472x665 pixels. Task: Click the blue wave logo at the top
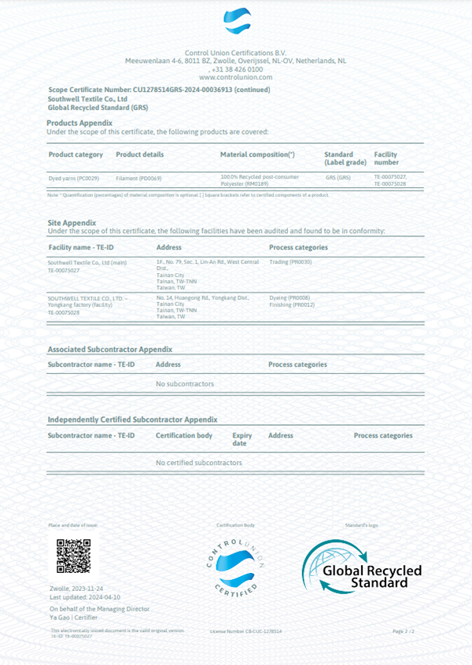coord(236,21)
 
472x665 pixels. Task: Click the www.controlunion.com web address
coord(236,77)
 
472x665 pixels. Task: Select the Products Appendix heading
coord(79,123)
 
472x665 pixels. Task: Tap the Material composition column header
coord(257,154)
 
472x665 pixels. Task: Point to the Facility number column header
coord(386,158)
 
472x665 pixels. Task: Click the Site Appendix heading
coord(72,223)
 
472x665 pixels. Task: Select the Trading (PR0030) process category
coord(291,261)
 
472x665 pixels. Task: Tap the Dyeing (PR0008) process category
coord(289,297)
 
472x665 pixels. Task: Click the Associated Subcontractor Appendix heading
coord(110,349)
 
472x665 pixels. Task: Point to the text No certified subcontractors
coord(199,463)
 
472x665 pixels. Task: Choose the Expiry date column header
coord(242,439)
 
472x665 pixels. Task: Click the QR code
coord(73,555)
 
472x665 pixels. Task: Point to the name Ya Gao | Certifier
coord(74,618)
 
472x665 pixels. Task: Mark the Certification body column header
coord(184,435)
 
